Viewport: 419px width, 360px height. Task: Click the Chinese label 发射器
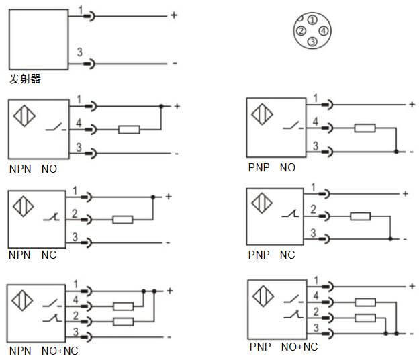click(x=26, y=79)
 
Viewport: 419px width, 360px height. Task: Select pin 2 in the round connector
click(x=301, y=30)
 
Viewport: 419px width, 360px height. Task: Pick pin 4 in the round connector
click(x=324, y=30)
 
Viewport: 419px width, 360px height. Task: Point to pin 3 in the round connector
click(x=312, y=42)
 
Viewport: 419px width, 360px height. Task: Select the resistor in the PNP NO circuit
click(x=365, y=128)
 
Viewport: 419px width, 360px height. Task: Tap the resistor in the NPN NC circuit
click(x=122, y=219)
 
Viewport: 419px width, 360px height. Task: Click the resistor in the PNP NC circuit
click(x=360, y=216)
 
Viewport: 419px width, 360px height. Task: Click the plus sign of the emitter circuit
click(x=173, y=15)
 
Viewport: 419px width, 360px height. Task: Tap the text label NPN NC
click(x=32, y=255)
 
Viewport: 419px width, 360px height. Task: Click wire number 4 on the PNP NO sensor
click(x=315, y=121)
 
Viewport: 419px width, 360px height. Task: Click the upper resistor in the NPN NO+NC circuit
click(x=123, y=306)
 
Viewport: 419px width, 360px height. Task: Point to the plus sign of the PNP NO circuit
click(x=412, y=104)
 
